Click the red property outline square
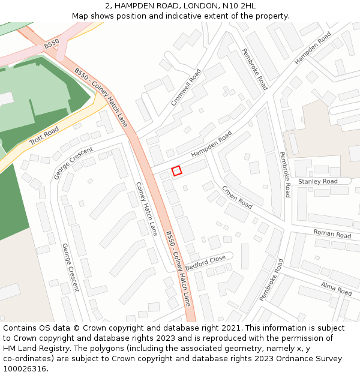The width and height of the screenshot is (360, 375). pos(176,171)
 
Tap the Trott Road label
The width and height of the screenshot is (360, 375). pos(44,137)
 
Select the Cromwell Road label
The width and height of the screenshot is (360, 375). pos(186,88)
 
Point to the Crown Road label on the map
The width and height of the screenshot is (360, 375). pos(237,196)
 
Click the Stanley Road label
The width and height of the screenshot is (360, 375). pos(318,181)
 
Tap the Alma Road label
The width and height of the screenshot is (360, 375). pos(336,289)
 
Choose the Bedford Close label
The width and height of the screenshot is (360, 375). pos(205,262)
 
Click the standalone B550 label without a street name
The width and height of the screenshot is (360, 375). pos(52,44)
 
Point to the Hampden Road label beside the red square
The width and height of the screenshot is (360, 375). pos(211,146)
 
